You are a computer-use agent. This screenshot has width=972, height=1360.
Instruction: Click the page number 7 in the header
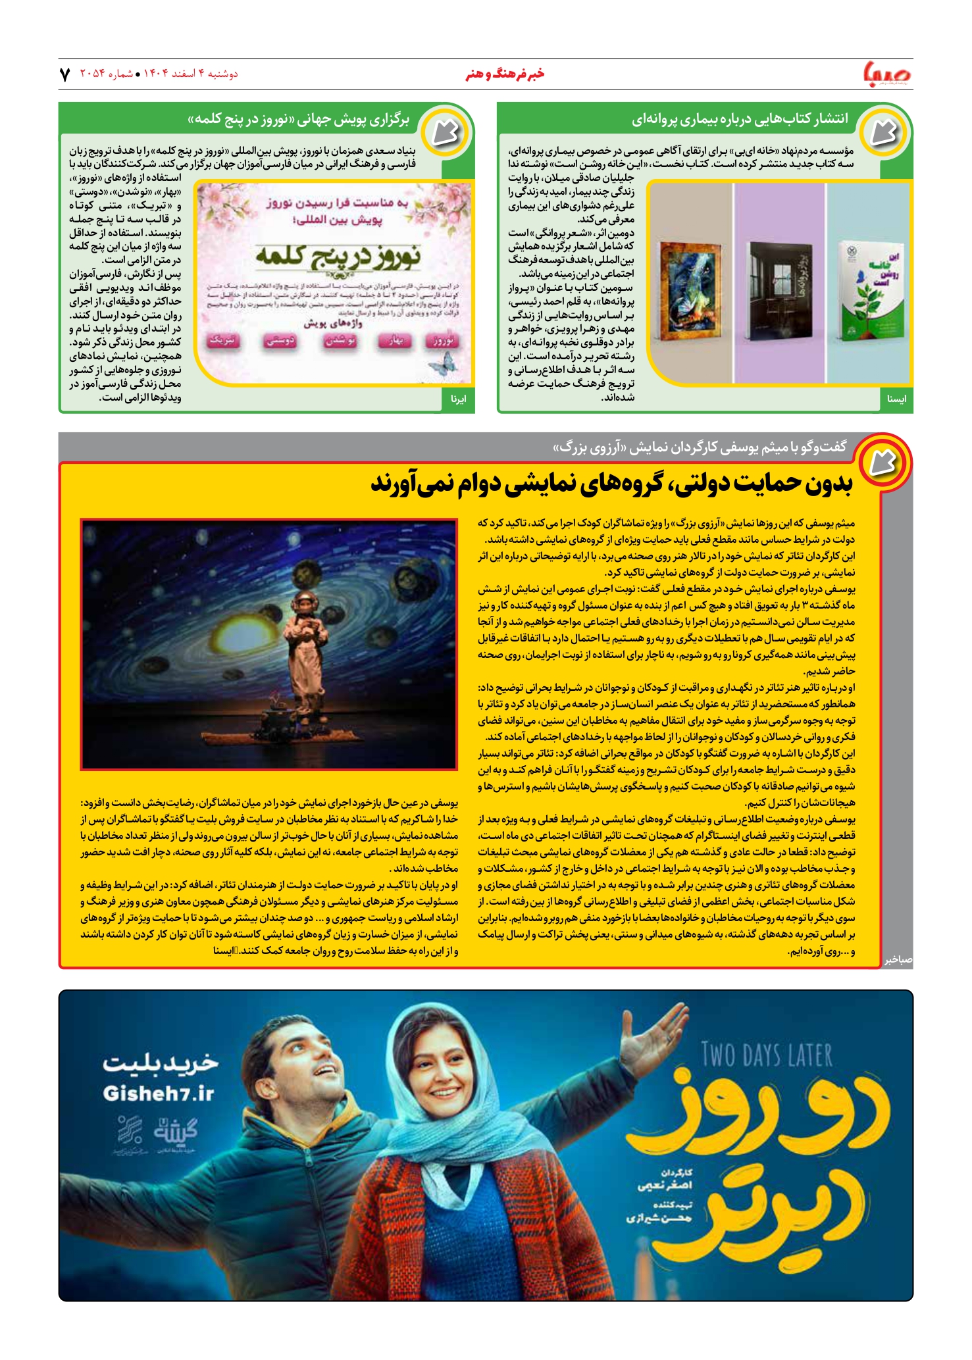(x=64, y=74)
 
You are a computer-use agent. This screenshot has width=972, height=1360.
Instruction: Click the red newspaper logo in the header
(x=888, y=73)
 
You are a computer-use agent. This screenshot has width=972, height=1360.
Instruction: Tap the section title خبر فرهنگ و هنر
(x=505, y=74)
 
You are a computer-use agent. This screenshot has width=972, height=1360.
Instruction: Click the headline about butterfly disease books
(x=739, y=119)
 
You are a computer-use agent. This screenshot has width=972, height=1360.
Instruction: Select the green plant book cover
(x=869, y=283)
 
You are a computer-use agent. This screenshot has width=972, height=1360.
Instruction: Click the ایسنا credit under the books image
(x=896, y=399)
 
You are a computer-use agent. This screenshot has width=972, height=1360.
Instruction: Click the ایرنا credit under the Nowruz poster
(x=458, y=399)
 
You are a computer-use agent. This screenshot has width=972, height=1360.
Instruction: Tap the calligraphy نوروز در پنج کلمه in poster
(x=338, y=256)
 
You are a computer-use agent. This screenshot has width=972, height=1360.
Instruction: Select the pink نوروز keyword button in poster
(x=442, y=341)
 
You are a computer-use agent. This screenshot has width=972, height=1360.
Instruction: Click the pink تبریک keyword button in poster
(x=224, y=341)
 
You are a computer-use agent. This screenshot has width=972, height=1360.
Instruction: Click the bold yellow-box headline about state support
(x=611, y=484)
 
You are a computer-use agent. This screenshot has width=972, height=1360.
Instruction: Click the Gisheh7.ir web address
(x=159, y=1093)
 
